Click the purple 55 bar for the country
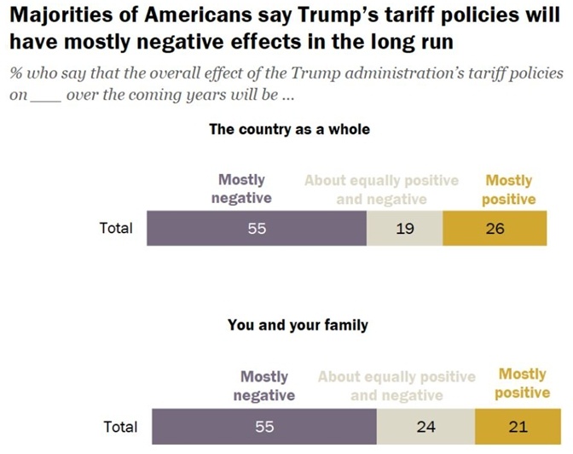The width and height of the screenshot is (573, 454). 257,228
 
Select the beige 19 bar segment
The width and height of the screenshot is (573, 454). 405,228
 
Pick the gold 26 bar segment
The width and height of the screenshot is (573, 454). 494,228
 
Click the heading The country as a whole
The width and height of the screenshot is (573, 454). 289,131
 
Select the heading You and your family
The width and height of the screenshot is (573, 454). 298,325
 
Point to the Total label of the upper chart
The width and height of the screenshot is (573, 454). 116,228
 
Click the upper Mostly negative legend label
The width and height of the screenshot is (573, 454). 242,189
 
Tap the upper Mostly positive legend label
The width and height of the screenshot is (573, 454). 508,189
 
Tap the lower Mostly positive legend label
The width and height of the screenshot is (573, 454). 523,383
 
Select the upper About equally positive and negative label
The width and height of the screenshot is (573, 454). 381,189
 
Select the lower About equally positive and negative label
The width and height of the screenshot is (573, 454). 396,386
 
